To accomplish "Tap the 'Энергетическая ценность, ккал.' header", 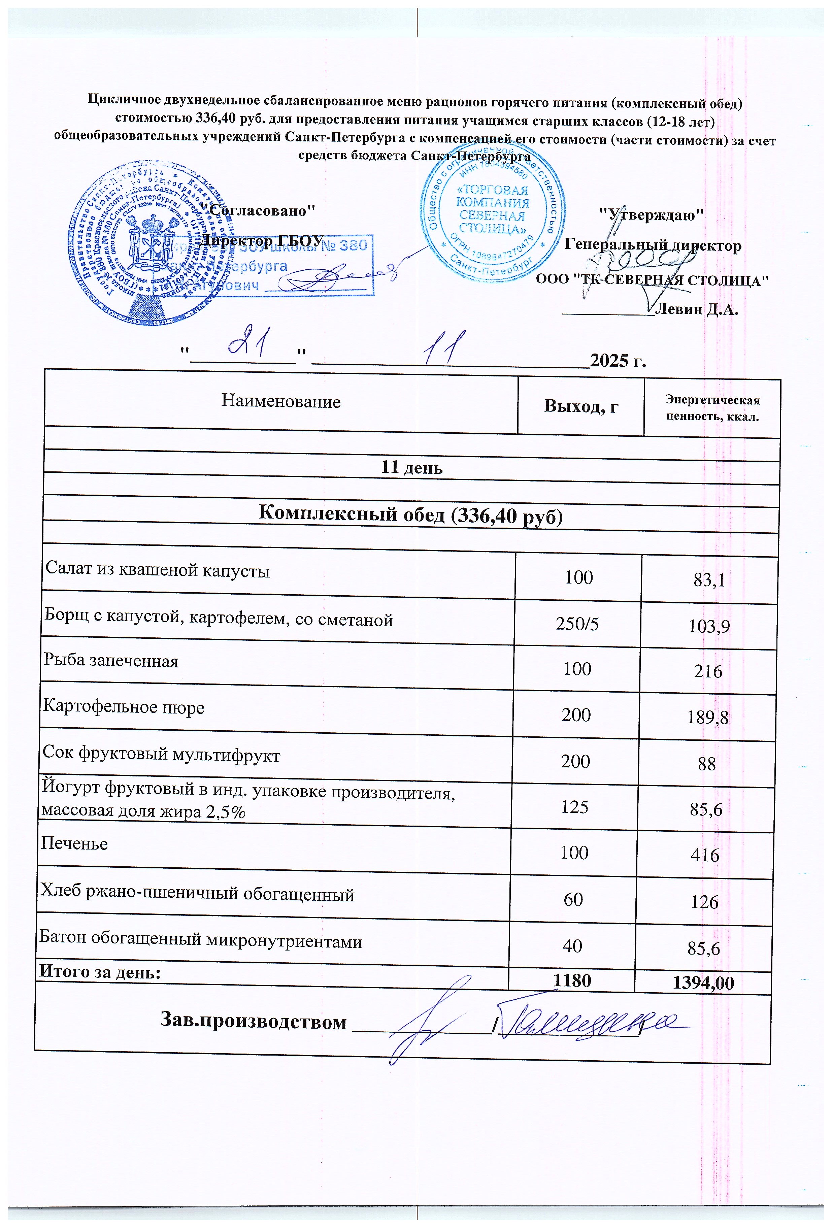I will pos(712,408).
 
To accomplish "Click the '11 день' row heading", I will pos(412,468).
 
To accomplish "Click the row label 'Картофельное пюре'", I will pos(124,707).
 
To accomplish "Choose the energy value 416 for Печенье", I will pos(705,855).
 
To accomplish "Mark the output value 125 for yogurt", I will pos(575,807).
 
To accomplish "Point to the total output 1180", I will pos(572,980).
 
